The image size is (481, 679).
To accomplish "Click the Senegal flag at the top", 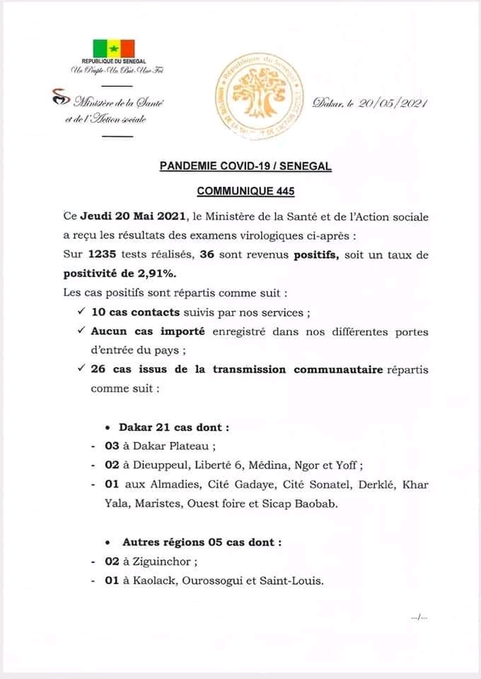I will coord(112,48).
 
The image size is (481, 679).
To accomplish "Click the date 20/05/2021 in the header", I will coord(393,103).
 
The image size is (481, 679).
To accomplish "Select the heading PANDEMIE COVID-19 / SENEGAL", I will coord(245,167).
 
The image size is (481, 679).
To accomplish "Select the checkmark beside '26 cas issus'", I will coord(83,368).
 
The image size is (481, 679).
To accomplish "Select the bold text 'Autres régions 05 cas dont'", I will coord(201,542).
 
